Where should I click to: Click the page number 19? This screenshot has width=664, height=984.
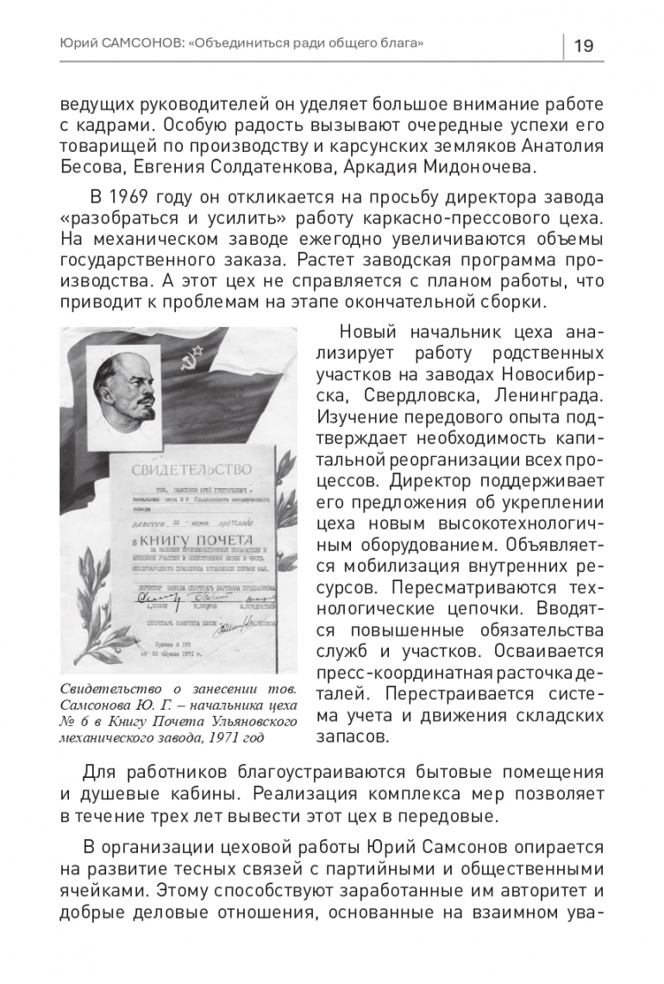pyautogui.click(x=583, y=46)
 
